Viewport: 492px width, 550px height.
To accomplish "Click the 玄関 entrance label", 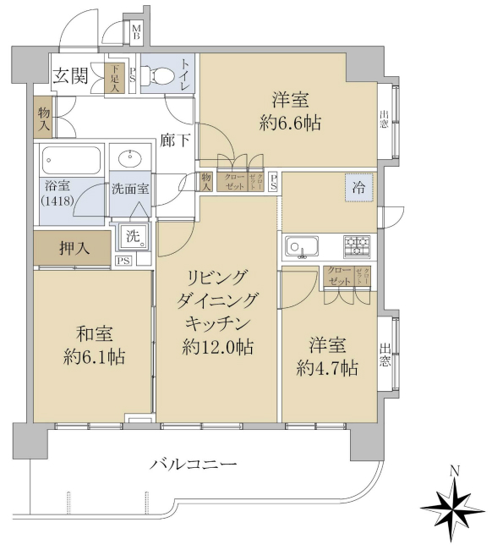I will pyautogui.click(x=72, y=76).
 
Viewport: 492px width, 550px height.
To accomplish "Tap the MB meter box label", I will pyautogui.click(x=136, y=33).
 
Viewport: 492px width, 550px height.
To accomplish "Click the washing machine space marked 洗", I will pyautogui.click(x=134, y=236).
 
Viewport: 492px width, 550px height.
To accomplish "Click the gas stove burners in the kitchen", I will pyautogui.click(x=356, y=246).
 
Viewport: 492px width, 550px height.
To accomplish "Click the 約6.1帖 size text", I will pyautogui.click(x=94, y=356).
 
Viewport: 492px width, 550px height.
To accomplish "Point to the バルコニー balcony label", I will pyautogui.click(x=194, y=463).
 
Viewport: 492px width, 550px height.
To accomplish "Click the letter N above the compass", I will pyautogui.click(x=454, y=471).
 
